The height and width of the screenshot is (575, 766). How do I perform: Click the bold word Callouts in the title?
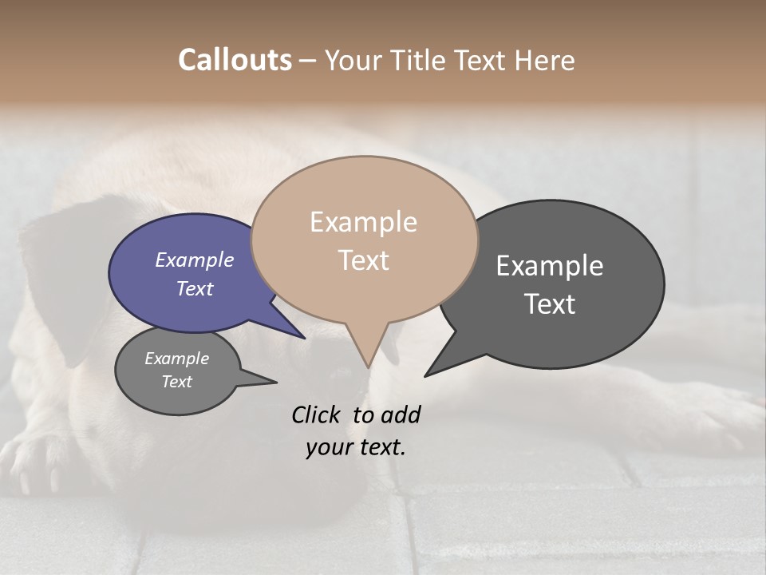tap(235, 60)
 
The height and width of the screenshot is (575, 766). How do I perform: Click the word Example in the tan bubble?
tap(363, 222)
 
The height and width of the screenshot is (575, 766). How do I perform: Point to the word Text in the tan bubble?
tap(363, 260)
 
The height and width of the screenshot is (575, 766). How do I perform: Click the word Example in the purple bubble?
tap(194, 260)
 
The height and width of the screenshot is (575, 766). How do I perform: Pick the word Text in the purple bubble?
tap(194, 288)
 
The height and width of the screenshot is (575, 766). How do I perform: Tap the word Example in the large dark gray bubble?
tap(550, 266)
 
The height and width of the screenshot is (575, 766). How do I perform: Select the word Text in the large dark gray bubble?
tap(550, 304)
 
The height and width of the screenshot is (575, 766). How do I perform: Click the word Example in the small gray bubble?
tap(176, 359)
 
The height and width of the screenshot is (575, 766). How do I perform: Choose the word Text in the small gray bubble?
tap(176, 382)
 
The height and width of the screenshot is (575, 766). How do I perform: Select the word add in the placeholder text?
tap(400, 414)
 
